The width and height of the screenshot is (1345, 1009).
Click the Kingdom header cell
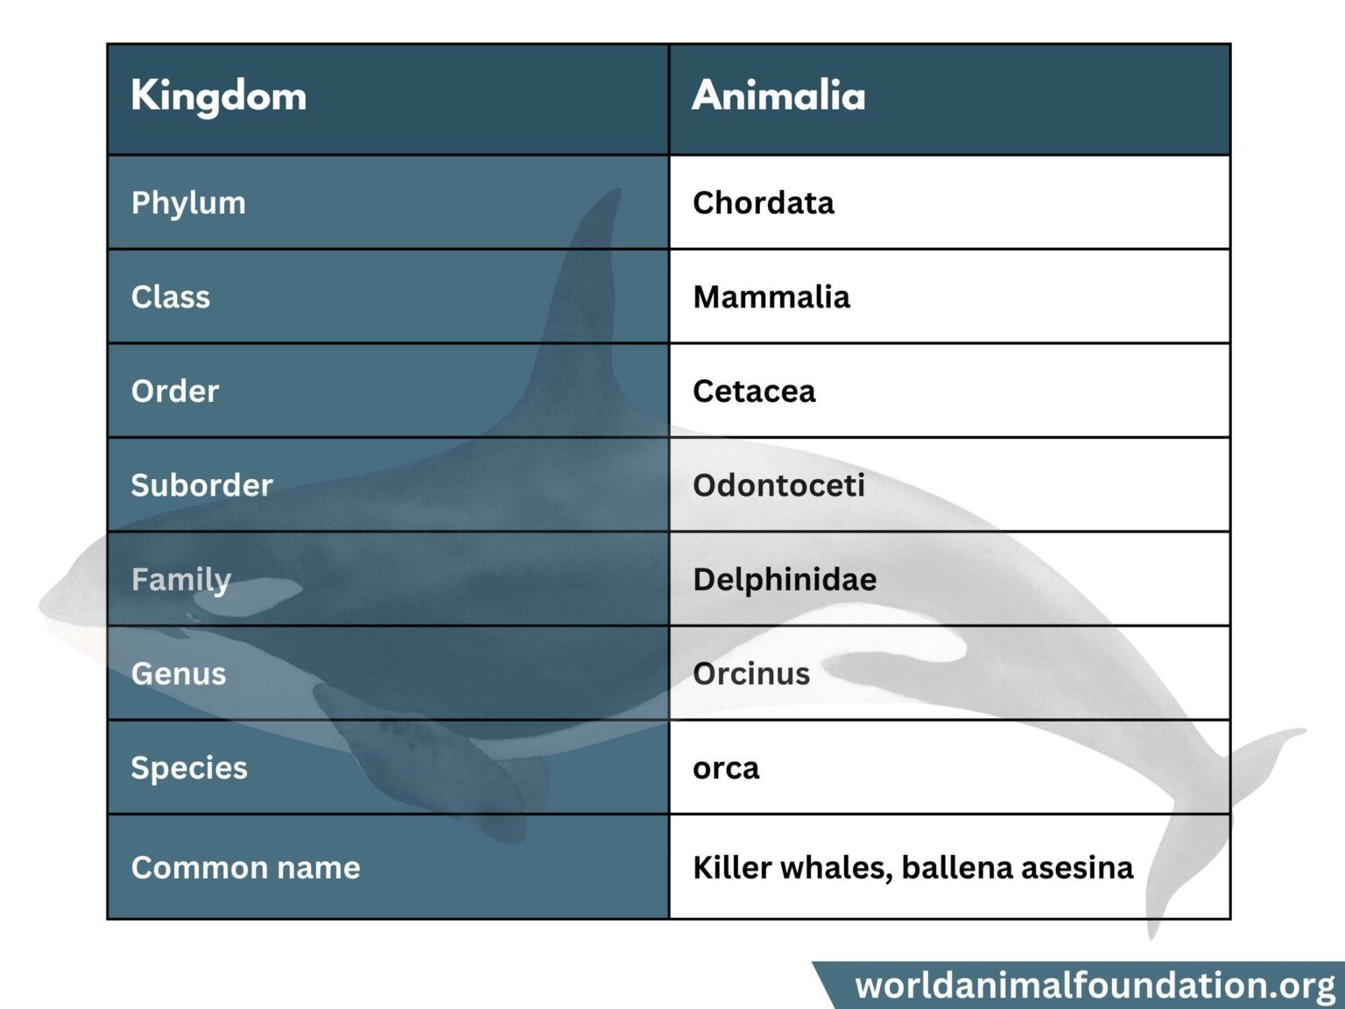click(x=219, y=96)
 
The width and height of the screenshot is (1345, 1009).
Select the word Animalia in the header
click(x=778, y=96)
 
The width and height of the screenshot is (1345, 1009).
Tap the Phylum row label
click(x=188, y=203)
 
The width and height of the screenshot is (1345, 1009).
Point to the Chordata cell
click(x=763, y=203)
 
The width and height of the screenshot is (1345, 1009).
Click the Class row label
click(x=171, y=297)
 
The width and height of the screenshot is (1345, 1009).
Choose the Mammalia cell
click(x=771, y=297)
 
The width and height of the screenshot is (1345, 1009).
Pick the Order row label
click(x=175, y=392)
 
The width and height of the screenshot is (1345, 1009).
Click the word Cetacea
click(x=754, y=392)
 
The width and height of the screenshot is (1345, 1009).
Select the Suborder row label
click(x=201, y=485)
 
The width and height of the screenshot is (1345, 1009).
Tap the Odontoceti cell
click(x=778, y=485)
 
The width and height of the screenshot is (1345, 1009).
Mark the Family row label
click(x=180, y=580)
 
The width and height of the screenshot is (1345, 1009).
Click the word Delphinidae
click(x=785, y=580)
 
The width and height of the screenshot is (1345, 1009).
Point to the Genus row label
click(x=179, y=674)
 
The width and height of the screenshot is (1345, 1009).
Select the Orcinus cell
click(x=751, y=674)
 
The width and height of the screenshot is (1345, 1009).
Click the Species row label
click(x=189, y=768)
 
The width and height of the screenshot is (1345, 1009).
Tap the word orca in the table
click(x=726, y=769)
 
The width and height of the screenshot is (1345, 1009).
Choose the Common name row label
click(x=245, y=868)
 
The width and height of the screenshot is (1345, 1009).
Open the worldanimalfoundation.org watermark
click(x=1095, y=985)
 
